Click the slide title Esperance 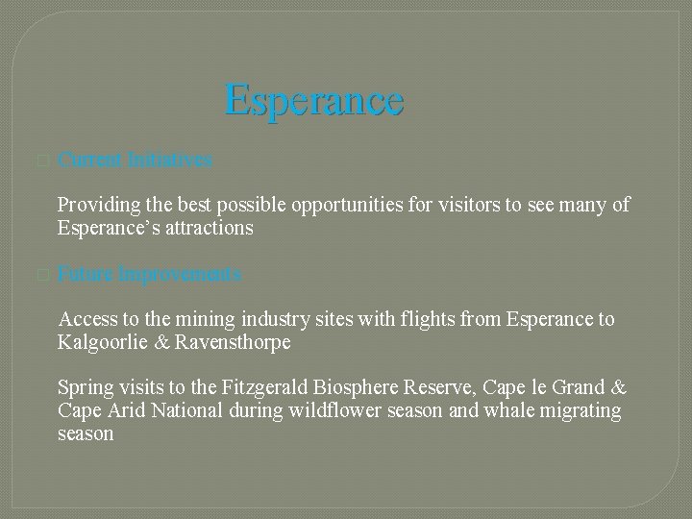tap(313, 101)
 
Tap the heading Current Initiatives tap(135, 161)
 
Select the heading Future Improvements tap(149, 275)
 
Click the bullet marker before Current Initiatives tap(39, 161)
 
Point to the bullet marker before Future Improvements tap(39, 276)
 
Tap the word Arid tap(125, 410)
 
